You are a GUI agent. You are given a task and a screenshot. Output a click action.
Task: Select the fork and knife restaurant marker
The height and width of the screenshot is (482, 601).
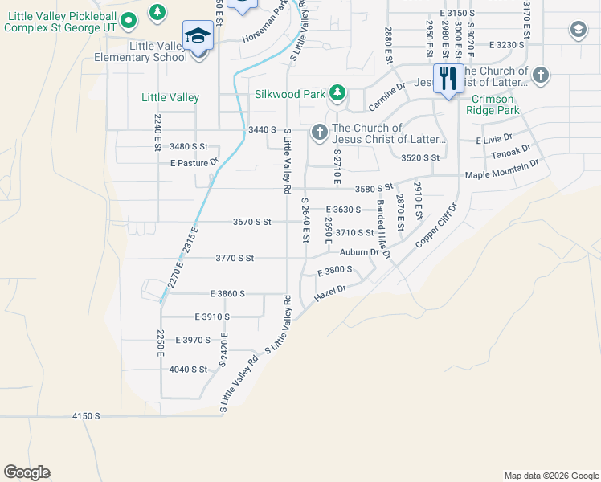[447, 79]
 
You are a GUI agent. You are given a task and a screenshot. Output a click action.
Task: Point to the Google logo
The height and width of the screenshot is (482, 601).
[27, 472]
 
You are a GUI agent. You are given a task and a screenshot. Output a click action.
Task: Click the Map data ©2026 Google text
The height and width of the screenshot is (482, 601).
[550, 476]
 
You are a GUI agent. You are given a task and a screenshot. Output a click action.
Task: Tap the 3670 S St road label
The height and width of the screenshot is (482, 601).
[252, 222]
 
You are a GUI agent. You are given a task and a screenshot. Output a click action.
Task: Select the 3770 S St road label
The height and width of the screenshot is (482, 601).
[235, 258]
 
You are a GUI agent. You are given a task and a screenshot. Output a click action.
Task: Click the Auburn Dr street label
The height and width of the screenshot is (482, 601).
[359, 252]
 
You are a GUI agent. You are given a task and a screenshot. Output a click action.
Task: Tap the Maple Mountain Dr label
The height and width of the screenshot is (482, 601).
[502, 171]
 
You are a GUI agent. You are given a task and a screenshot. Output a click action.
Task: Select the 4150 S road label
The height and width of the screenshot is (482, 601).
[86, 415]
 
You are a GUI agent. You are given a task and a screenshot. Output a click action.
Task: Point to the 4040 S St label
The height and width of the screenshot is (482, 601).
[189, 369]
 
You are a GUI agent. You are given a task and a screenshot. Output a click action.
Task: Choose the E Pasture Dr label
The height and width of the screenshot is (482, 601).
[194, 162]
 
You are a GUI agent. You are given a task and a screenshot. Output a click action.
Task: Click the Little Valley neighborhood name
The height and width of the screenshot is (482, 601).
[170, 97]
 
